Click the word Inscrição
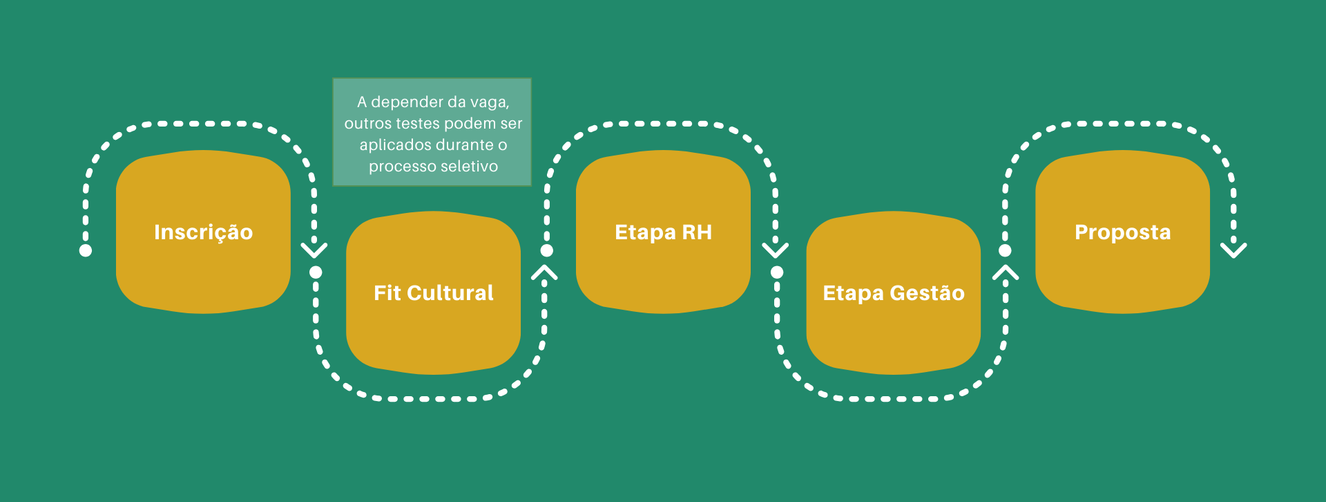pos(203,232)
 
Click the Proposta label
pos(1122,232)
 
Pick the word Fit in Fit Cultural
pos(387,293)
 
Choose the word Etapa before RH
pos(645,232)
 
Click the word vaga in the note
pos(489,102)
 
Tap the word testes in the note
pos(421,124)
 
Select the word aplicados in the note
pos(392,145)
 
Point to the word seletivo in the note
pos(469,167)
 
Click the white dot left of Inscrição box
pos(86,250)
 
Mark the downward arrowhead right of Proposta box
pos(1233,250)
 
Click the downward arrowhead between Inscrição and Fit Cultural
pos(314,250)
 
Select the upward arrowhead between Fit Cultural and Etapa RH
pos(544,272)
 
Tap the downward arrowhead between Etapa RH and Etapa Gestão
pos(775,250)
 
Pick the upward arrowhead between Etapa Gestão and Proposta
pos(1006,272)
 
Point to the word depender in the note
pos(407,102)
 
